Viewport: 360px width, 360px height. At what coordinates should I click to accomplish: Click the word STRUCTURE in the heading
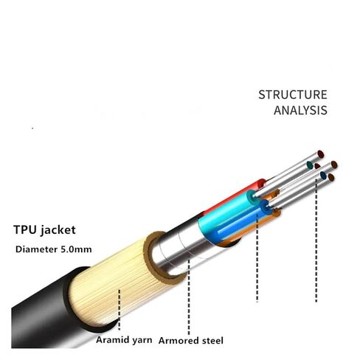293,94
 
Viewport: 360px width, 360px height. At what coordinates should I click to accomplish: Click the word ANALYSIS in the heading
300,110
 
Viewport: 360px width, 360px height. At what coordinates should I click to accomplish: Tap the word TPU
25,229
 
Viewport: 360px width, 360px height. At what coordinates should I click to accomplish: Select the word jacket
58,230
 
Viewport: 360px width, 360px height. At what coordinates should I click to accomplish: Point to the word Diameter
36,249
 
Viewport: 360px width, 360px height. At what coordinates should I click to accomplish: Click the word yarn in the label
142,341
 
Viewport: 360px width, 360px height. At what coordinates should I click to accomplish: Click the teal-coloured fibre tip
311,165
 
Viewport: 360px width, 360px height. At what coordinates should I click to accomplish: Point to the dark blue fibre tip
323,176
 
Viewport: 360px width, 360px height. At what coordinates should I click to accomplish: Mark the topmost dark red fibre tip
321,154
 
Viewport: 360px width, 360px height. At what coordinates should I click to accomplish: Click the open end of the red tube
261,184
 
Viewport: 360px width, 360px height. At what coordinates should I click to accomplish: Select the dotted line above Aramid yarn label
120,309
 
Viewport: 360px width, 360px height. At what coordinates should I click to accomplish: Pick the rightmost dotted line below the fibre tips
316,240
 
